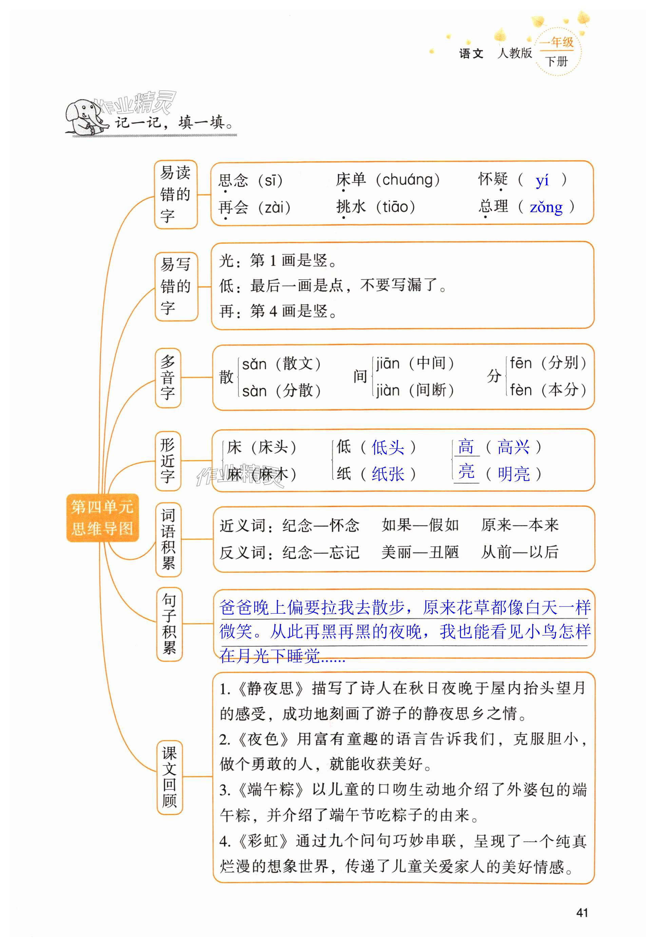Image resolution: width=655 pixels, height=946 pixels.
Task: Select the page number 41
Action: (582, 913)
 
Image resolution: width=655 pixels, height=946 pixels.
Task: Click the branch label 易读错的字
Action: (176, 194)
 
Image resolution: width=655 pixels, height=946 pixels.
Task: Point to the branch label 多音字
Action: (168, 378)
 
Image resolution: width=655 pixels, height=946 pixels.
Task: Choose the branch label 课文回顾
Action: (170, 777)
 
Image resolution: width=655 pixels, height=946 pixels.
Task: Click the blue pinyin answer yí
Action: (542, 180)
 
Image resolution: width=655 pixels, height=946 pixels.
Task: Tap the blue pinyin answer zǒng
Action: (546, 207)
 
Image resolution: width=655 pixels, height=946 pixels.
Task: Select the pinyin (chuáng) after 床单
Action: (408, 180)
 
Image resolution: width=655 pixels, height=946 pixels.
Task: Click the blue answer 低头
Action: (387, 447)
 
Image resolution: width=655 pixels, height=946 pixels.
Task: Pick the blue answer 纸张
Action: (387, 474)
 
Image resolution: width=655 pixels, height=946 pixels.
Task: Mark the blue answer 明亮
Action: (514, 474)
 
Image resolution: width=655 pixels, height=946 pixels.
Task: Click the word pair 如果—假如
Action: (420, 525)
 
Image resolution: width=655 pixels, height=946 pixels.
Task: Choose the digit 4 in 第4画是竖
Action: (273, 311)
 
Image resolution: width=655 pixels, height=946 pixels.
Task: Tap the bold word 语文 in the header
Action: (471, 53)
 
